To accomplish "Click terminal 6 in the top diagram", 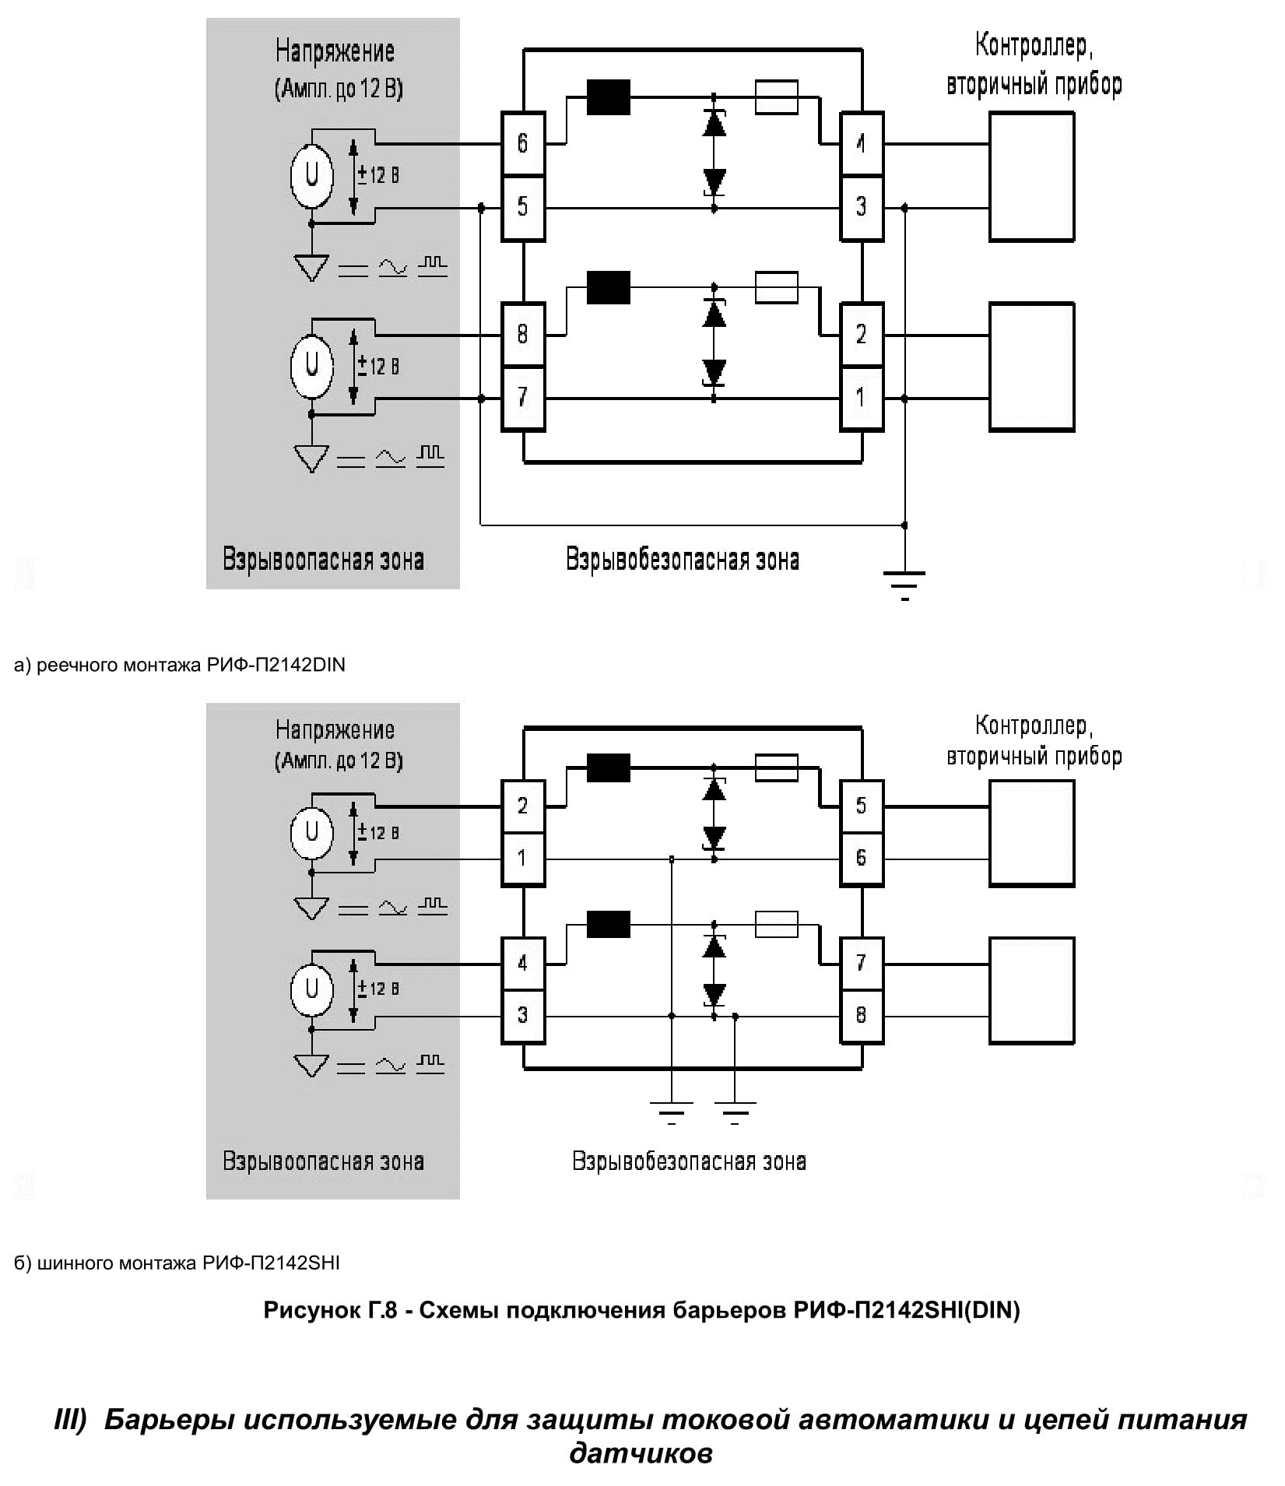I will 522,143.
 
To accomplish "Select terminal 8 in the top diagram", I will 522,335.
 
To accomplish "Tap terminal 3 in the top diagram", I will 861,207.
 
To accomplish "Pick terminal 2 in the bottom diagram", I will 522,806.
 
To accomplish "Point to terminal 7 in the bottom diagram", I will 861,963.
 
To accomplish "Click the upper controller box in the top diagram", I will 1031,176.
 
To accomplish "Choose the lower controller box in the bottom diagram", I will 1031,990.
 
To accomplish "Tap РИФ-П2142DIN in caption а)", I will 276,665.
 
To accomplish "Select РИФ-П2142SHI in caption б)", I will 271,1263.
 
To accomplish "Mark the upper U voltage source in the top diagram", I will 312,176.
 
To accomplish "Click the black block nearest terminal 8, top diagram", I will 608,287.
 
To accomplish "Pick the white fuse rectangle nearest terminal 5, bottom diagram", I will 777,768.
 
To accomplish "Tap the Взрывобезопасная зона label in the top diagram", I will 682,560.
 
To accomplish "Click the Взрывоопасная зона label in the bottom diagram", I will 323,1161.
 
